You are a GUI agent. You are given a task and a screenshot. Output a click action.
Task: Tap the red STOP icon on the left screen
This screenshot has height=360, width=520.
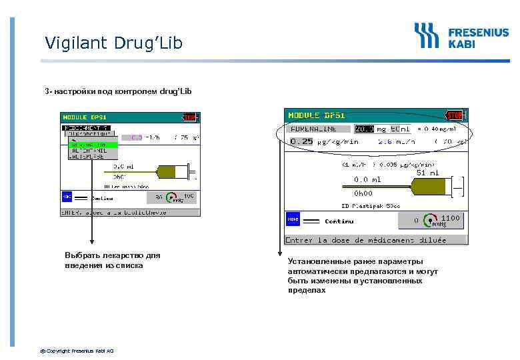[189, 117]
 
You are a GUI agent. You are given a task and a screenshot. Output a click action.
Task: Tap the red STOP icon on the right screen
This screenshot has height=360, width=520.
[455, 115]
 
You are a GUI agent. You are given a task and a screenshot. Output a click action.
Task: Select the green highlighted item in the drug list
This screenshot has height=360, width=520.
[93, 145]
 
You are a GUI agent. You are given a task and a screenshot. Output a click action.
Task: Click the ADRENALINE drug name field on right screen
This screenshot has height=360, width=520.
[313, 129]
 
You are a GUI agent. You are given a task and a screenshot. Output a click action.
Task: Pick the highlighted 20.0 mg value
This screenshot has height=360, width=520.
[364, 129]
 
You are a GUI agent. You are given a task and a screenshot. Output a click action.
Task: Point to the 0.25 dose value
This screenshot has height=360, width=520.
[301, 141]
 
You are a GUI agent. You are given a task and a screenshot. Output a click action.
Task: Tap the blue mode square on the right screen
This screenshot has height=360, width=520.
[293, 220]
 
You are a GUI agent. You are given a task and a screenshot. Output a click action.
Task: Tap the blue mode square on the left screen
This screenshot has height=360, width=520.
[67, 197]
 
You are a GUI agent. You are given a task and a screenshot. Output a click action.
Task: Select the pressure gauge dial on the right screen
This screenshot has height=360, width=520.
[432, 221]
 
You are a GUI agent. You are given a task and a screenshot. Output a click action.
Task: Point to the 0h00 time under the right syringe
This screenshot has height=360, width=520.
[363, 194]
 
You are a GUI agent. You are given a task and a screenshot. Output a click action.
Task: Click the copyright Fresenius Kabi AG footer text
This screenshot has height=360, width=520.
[77, 351]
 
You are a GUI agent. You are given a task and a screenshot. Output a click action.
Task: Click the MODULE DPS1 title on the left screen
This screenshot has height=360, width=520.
[85, 117]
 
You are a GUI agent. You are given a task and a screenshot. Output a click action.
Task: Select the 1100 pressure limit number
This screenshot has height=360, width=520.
[450, 218]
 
